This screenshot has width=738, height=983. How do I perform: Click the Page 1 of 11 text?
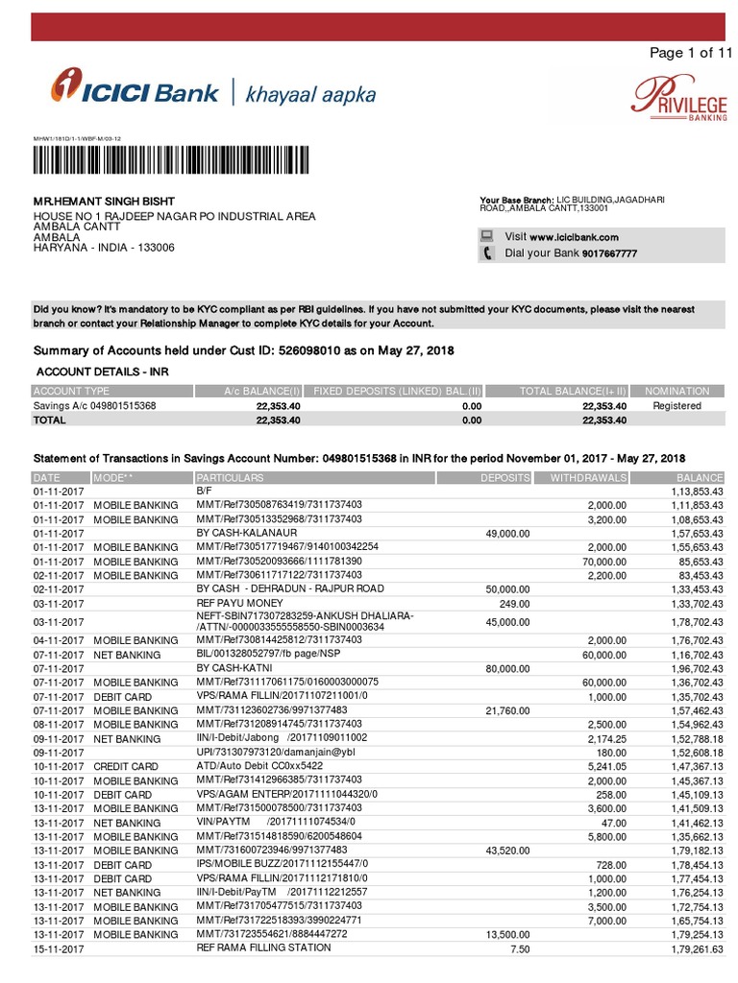click(x=690, y=53)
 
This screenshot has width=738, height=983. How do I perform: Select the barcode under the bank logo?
click(x=173, y=158)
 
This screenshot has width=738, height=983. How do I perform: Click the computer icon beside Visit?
click(x=487, y=236)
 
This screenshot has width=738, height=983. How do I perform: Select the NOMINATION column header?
click(x=676, y=391)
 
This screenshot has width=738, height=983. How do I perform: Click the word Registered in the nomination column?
click(x=677, y=406)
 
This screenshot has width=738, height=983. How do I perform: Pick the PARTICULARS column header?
click(x=230, y=477)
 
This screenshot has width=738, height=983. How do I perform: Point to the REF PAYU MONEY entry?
click(x=240, y=603)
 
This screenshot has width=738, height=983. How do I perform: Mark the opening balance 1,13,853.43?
click(x=687, y=491)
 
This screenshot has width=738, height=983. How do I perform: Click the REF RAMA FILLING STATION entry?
click(x=263, y=947)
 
